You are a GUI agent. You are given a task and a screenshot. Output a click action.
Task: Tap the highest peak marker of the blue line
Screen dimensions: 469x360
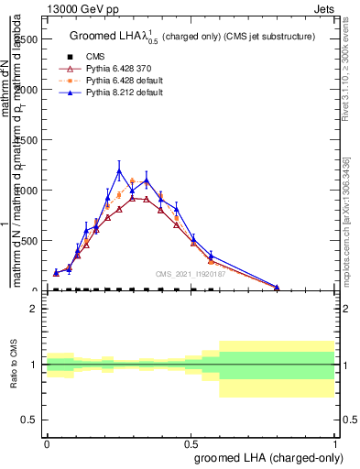(119, 170)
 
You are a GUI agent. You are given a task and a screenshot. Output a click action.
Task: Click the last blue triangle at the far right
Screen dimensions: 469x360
(277, 287)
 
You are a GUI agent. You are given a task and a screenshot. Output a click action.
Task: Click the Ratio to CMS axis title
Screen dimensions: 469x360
(13, 364)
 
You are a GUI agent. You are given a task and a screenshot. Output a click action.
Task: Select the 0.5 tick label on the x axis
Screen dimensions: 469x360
(191, 442)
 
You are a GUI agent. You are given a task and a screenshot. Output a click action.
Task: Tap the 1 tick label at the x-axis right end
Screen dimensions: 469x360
(334, 442)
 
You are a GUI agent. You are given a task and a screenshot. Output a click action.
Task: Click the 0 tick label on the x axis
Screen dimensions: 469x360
(47, 442)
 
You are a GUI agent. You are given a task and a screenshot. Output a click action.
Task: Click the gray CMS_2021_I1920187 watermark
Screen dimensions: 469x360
(191, 273)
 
